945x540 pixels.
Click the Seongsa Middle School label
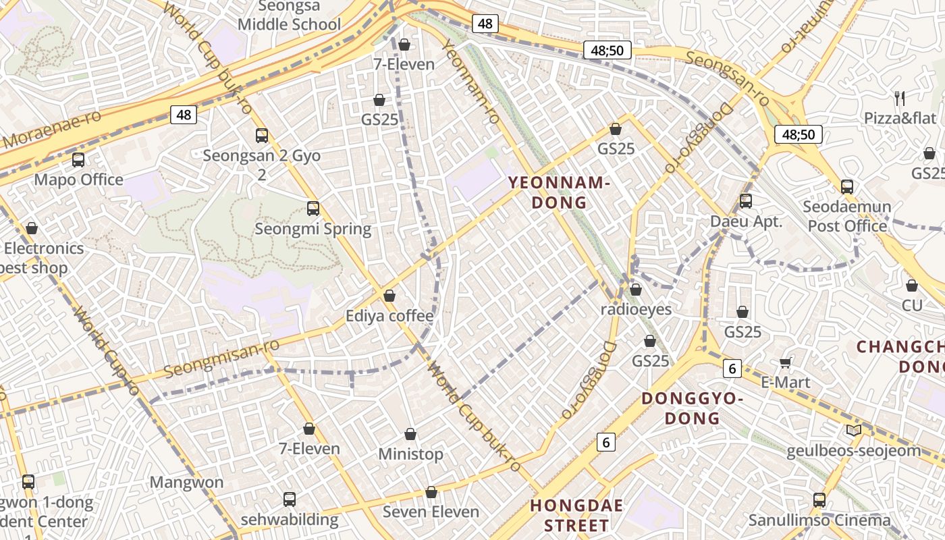289,16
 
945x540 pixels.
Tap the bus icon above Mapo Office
78,160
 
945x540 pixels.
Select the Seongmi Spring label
313,229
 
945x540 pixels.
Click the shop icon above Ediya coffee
389,296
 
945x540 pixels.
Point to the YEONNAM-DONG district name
559,192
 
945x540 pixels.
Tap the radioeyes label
637,309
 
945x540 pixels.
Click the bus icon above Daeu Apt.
746,200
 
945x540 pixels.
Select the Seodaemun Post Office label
847,216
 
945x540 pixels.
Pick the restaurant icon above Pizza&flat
900,99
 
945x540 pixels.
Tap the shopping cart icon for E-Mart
785,363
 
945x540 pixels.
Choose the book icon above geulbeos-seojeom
853,430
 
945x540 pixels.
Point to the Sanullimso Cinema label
819,520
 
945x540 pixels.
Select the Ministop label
410,454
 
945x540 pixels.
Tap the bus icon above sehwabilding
290,500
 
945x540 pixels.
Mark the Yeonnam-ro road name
470,81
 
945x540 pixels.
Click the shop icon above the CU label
912,286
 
